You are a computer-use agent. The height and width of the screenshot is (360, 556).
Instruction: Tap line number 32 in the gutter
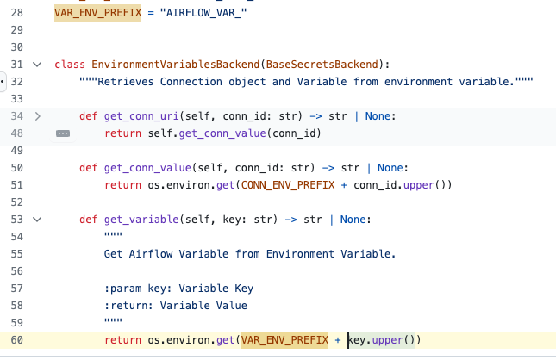[17, 82]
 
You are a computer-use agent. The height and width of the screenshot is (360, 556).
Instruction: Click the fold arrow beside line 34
[37, 116]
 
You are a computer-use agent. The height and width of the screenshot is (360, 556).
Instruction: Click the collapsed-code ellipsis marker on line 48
[62, 133]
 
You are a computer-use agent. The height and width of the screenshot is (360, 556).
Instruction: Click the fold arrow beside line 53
[37, 220]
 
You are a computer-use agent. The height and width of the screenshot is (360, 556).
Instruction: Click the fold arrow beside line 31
[37, 65]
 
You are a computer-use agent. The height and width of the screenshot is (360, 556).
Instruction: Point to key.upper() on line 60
[383, 340]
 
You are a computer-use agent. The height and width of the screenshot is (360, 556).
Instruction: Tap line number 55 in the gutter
[17, 254]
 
